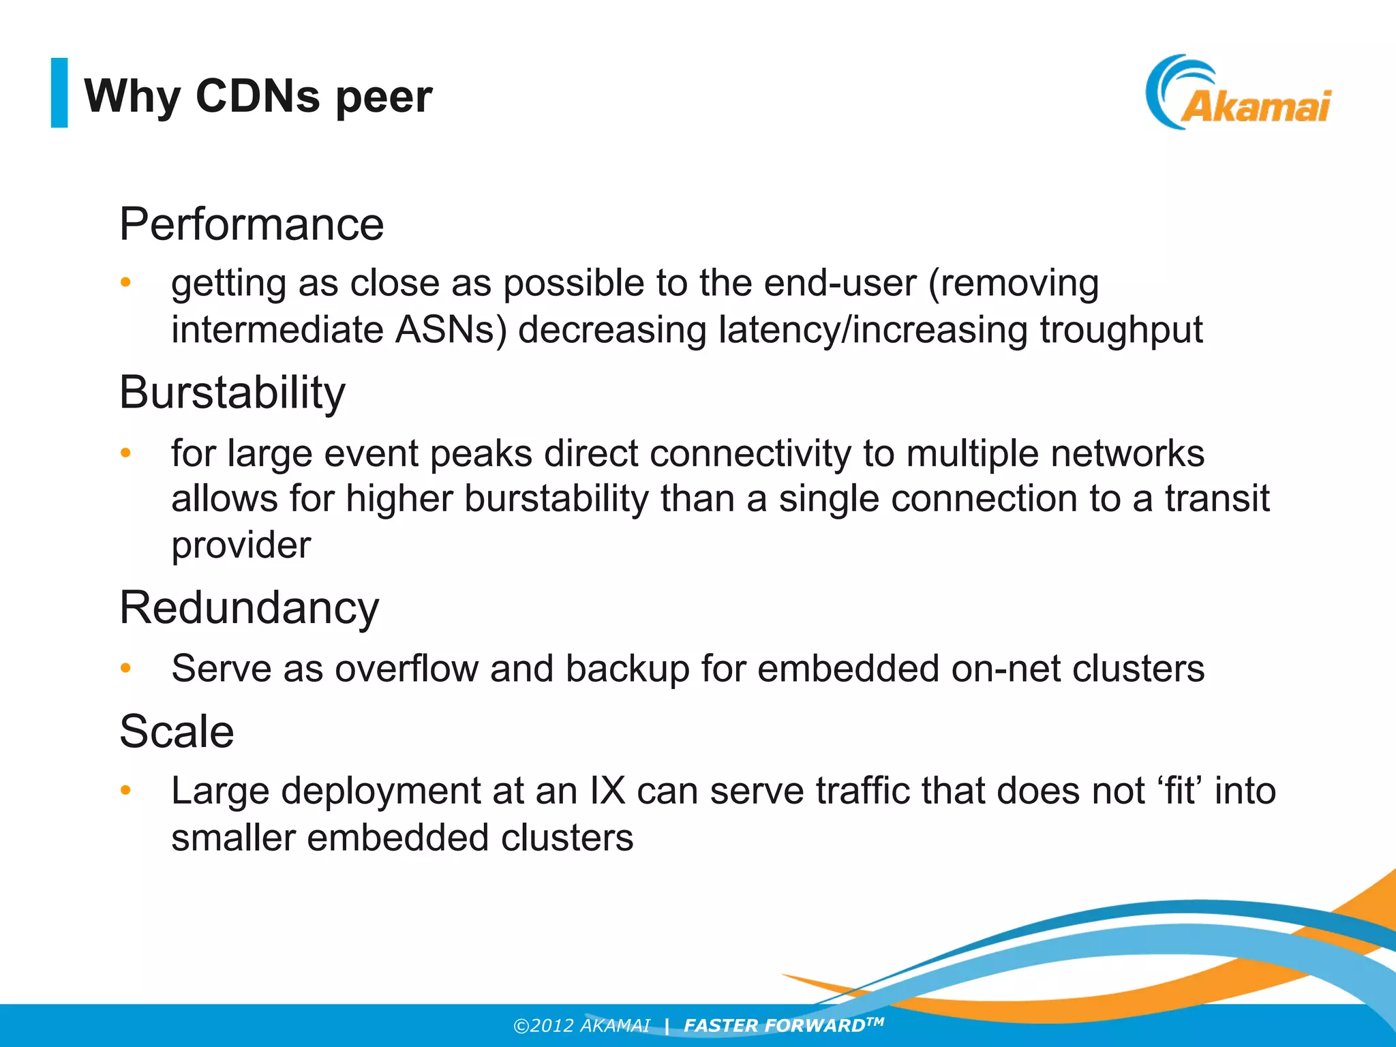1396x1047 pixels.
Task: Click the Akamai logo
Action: click(1237, 94)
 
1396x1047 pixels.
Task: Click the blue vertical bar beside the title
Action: click(59, 93)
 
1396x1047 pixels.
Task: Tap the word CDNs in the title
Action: click(258, 95)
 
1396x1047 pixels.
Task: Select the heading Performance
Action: click(252, 224)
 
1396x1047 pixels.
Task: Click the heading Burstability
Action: click(232, 393)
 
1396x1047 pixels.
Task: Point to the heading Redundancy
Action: click(249, 607)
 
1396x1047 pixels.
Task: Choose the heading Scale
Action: click(177, 731)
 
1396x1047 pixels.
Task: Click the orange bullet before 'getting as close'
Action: click(125, 282)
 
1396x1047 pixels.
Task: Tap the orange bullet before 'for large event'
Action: click(125, 453)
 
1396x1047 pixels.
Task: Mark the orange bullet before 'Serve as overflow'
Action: click(125, 668)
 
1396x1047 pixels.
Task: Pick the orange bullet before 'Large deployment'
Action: click(125, 791)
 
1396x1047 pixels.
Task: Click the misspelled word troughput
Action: click(1121, 330)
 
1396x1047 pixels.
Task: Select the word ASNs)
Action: click(451, 330)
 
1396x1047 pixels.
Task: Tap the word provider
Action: click(241, 545)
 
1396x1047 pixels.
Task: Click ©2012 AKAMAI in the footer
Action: click(581, 1026)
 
